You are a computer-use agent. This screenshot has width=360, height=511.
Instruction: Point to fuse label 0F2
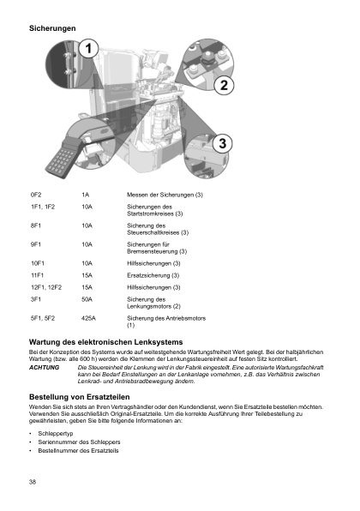36,196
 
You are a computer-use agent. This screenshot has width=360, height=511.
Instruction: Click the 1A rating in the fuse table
85,196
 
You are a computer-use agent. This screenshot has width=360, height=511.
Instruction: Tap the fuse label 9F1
36,244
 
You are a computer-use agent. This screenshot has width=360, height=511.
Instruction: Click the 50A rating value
87,299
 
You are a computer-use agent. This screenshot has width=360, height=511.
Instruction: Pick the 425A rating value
88,318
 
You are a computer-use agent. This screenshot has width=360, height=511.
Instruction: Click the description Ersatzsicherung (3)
153,275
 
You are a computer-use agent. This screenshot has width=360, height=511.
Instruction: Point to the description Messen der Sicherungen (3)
164,196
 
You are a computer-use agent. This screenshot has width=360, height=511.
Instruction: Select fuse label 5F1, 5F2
43,318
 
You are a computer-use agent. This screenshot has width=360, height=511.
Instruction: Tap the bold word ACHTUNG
44,367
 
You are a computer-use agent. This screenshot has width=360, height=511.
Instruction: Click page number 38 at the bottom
33,484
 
